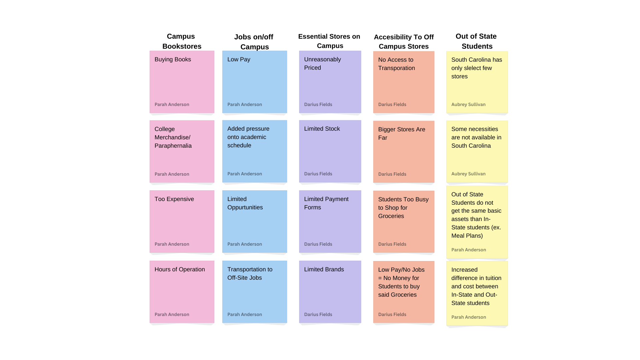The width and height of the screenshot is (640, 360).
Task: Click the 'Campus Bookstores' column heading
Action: click(x=181, y=41)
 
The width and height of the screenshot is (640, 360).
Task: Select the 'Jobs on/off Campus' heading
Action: click(x=254, y=42)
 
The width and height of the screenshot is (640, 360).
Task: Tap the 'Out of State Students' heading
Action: click(x=476, y=41)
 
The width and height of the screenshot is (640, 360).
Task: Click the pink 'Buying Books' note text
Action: click(x=173, y=60)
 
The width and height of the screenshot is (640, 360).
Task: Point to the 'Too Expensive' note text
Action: click(x=174, y=199)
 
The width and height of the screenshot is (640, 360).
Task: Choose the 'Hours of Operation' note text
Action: click(x=180, y=270)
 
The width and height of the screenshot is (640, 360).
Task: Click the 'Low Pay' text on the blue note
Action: click(x=239, y=60)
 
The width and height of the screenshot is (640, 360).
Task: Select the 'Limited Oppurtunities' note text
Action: click(x=245, y=203)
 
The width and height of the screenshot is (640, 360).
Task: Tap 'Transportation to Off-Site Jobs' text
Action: click(x=250, y=274)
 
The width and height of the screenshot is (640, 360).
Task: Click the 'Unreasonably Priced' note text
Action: click(x=322, y=64)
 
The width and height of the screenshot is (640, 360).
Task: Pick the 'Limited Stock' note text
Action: click(x=322, y=129)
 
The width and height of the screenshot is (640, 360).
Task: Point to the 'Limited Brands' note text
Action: click(x=324, y=270)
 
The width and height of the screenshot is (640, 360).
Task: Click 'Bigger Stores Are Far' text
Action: click(x=401, y=134)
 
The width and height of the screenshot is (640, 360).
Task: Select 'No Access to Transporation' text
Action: click(x=396, y=64)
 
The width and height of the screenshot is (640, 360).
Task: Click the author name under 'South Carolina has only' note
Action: click(x=468, y=105)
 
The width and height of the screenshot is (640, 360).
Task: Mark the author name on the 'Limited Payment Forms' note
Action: click(x=318, y=244)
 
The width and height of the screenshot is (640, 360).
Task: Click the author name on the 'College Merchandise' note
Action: click(x=172, y=174)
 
